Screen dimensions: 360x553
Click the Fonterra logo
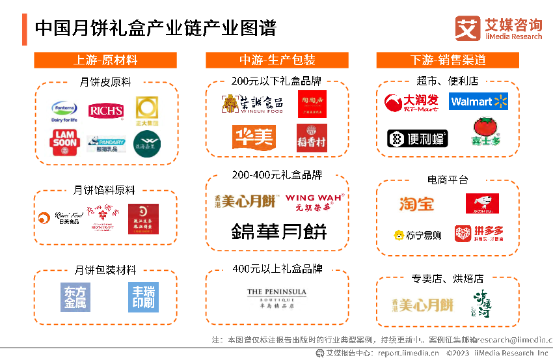point(64,112)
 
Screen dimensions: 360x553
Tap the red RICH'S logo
point(106,111)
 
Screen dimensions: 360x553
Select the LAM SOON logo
point(64,142)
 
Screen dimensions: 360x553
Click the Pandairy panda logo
point(106,144)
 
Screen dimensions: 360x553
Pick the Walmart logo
point(479,102)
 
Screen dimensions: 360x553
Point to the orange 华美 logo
point(254,137)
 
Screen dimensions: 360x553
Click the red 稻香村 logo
point(312,138)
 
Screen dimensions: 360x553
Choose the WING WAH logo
point(315,202)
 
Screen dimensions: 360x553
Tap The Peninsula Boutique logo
point(276,299)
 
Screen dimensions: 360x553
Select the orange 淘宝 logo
point(416,204)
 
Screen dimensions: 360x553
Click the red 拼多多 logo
point(479,233)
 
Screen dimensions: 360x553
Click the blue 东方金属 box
point(75,298)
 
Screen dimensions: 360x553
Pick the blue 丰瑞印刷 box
point(143,298)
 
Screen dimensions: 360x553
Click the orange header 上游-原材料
point(105,61)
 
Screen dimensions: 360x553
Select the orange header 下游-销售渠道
point(448,61)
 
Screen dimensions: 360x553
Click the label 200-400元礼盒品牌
point(277,175)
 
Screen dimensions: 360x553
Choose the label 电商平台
point(448,180)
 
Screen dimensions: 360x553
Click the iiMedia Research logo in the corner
point(498,29)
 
